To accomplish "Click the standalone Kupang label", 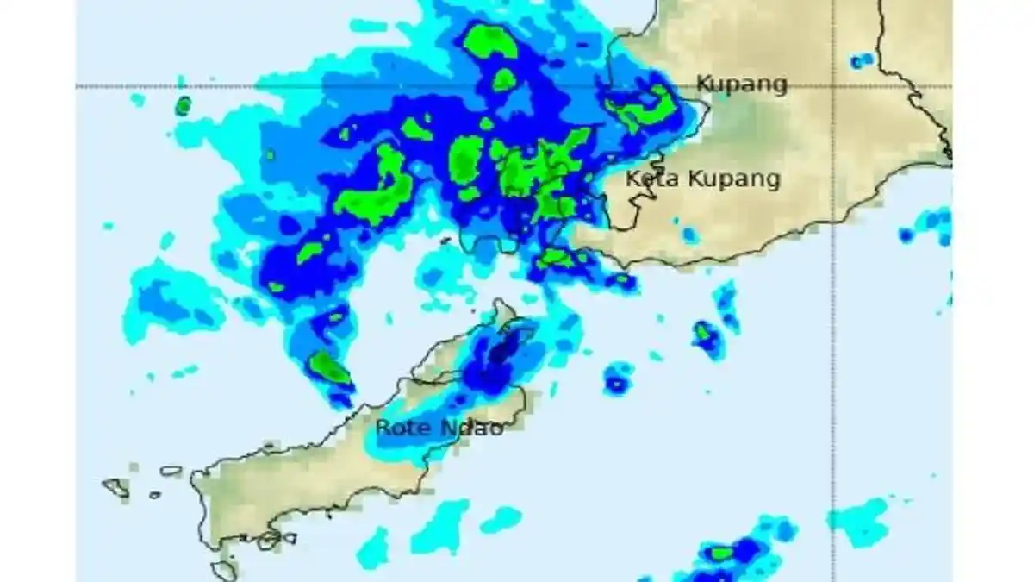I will click(x=741, y=84).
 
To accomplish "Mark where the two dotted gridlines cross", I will click(x=832, y=86).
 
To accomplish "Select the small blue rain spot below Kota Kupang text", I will click(x=688, y=235).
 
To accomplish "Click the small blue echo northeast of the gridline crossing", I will click(x=861, y=60).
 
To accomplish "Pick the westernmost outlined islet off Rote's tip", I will click(x=115, y=487).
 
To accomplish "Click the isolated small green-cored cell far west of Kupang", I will click(x=183, y=106).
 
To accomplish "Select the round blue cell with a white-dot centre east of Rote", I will click(x=618, y=379).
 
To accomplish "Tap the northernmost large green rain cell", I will click(x=489, y=41).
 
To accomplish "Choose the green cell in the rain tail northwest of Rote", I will click(x=329, y=368).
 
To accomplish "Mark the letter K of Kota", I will click(x=632, y=179).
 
